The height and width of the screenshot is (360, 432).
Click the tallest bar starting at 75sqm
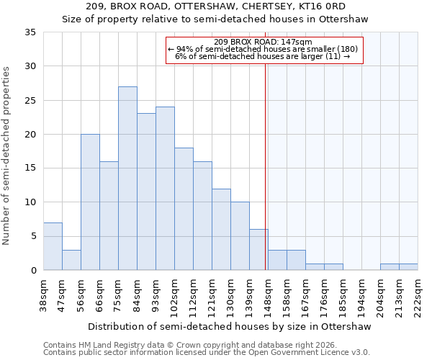(x=127, y=179)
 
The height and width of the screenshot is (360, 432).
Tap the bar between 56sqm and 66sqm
(x=90, y=202)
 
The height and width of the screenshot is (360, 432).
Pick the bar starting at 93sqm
(x=165, y=189)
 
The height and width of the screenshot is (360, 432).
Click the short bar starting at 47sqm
(x=71, y=260)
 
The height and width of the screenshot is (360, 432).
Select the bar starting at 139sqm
(x=258, y=250)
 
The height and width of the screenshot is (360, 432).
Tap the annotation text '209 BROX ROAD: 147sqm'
(x=263, y=42)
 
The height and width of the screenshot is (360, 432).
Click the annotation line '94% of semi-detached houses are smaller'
(x=263, y=49)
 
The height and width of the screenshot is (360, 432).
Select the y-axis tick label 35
(x=30, y=32)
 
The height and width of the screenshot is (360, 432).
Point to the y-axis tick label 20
(x=30, y=135)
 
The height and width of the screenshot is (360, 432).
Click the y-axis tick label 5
(x=33, y=236)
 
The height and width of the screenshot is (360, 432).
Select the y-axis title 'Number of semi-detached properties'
(x=7, y=156)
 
